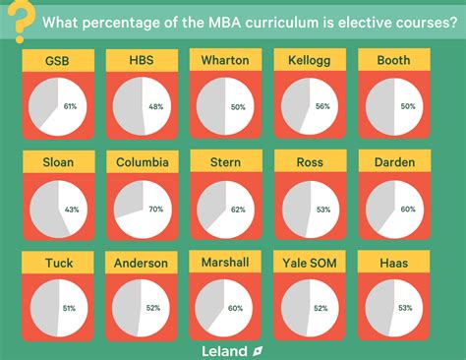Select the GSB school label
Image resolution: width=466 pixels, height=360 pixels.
pyautogui.click(x=58, y=61)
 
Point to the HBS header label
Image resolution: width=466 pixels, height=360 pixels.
pyautogui.click(x=141, y=61)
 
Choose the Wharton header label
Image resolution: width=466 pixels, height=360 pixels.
pyautogui.click(x=225, y=61)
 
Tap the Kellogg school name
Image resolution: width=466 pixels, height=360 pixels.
pyautogui.click(x=310, y=61)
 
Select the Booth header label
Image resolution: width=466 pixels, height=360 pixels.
pyautogui.click(x=393, y=61)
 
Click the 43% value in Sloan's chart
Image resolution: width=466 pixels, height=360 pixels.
pyautogui.click(x=72, y=210)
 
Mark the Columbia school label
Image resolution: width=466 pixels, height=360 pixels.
pyautogui.click(x=141, y=161)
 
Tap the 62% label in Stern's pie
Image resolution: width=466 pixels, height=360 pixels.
pyautogui.click(x=239, y=209)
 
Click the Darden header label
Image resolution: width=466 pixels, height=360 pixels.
pyautogui.click(x=393, y=161)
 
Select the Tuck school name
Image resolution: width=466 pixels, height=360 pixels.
pyautogui.click(x=58, y=263)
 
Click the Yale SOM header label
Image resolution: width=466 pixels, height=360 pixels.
pyautogui.click(x=310, y=263)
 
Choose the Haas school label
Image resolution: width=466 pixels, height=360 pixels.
pyautogui.click(x=393, y=263)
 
